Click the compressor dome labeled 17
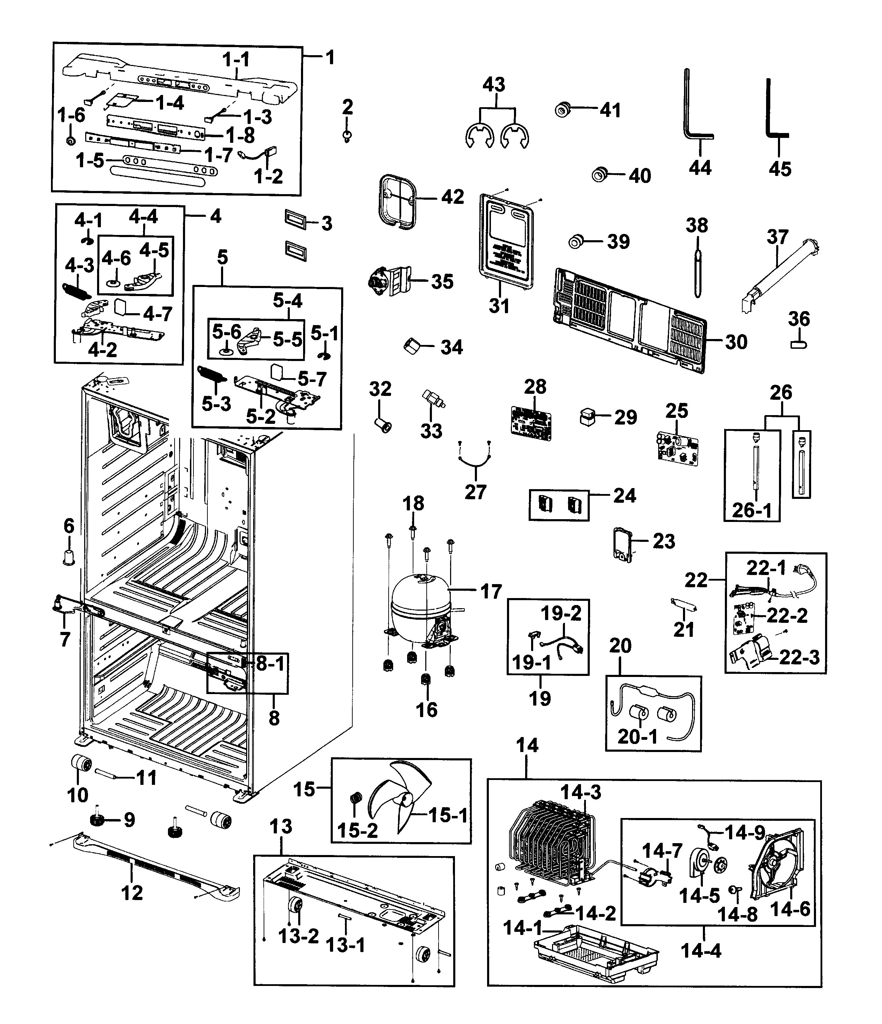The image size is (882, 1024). pos(418,601)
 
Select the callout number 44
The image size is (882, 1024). pos(700,168)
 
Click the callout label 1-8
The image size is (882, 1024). pos(240,134)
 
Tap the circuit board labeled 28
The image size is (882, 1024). pos(531,422)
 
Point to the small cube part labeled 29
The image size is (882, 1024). pos(587,417)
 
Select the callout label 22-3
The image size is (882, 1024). pos(800,657)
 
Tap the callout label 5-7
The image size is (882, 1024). pos(312,379)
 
